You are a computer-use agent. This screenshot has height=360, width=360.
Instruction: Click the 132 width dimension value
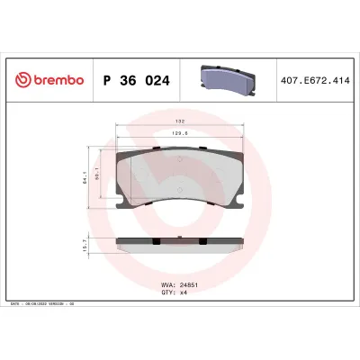[x=180, y=121]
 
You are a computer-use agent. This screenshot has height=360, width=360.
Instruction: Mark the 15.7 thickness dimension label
[x=85, y=245]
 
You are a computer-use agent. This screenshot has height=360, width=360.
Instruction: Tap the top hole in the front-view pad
[x=180, y=157]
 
